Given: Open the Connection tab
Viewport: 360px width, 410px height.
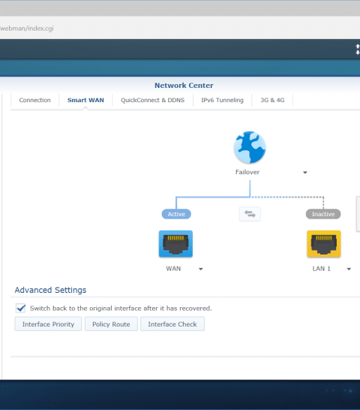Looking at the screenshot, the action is tap(34, 100).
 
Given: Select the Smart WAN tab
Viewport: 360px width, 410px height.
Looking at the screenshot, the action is tap(85, 100).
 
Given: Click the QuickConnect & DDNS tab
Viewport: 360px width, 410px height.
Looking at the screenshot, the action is tap(152, 100).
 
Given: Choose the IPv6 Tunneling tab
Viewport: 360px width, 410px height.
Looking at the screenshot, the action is tap(222, 100).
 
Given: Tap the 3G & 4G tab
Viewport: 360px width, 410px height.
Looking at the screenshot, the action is tap(272, 100).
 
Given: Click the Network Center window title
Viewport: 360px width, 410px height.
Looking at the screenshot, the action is tap(184, 86).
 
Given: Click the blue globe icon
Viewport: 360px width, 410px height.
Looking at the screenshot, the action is tap(250, 147).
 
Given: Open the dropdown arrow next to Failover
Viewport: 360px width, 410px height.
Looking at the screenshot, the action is tap(305, 172).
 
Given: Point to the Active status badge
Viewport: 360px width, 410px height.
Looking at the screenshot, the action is tap(176, 214).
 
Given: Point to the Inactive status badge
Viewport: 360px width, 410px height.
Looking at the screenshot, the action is tap(323, 214).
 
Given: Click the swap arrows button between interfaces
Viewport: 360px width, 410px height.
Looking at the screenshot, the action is tap(250, 214).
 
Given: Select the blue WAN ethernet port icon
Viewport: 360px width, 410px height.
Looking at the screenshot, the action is tap(175, 244).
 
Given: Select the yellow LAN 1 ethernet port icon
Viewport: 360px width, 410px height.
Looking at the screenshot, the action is tap(324, 244).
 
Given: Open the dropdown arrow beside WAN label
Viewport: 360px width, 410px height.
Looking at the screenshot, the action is tap(201, 269).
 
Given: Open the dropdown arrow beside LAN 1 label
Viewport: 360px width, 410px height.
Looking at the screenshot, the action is tap(349, 269).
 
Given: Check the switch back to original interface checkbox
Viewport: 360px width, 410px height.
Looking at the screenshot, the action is tap(21, 309).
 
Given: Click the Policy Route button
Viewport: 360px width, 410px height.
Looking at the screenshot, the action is tap(111, 324).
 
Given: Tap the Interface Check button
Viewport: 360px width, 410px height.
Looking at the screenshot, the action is tap(172, 324).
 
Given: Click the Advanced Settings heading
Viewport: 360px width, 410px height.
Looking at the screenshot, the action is tap(50, 291).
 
